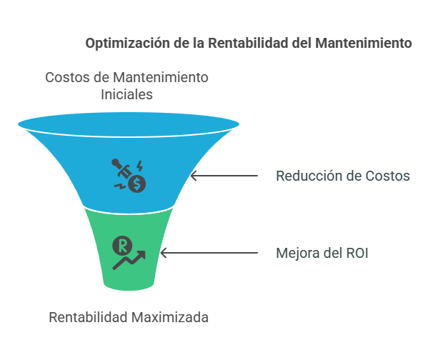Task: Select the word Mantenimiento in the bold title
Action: [364, 43]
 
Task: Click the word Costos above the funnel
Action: [67, 77]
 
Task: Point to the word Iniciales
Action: [126, 94]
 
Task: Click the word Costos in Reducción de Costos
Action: [387, 176]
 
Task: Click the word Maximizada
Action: [170, 317]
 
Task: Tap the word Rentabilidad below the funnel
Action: [88, 317]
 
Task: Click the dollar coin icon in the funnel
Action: [137, 184]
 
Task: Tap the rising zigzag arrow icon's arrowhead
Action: [141, 254]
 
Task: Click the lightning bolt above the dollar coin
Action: [140, 166]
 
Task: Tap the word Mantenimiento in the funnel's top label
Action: [161, 77]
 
